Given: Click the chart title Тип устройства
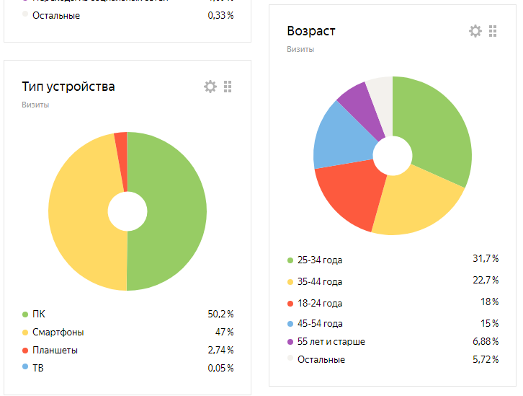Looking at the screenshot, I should [68, 87].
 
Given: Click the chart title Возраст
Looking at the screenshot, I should [310, 31].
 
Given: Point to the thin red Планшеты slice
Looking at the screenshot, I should [121, 155].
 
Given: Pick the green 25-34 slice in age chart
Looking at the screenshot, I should [436, 137].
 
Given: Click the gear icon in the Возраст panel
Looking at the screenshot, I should [475, 31].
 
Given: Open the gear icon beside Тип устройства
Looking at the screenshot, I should [210, 87].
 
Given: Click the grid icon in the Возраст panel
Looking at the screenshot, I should [493, 31].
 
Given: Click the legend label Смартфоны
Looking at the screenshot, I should [58, 332].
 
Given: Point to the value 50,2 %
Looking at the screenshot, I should [220, 314].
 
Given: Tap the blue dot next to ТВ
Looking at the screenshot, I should [25, 367].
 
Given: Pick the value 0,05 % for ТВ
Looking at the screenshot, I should [219, 367].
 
